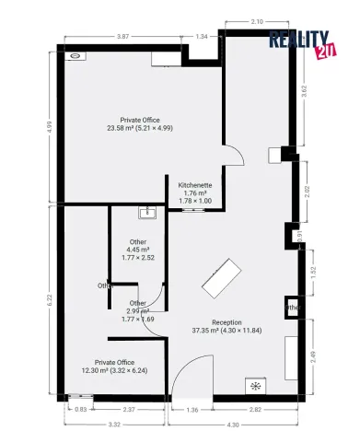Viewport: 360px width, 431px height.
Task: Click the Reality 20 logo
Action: point(301,44)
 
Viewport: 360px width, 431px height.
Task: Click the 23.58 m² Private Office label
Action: point(140,123)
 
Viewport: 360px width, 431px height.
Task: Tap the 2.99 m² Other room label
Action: point(138,309)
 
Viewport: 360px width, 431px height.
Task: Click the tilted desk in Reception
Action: point(222,278)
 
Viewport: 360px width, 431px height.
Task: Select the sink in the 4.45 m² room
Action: point(146,213)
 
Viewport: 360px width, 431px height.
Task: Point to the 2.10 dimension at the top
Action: point(257,20)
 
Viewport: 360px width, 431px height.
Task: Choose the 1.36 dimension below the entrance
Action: point(192,409)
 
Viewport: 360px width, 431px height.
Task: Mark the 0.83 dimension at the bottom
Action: point(81,409)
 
